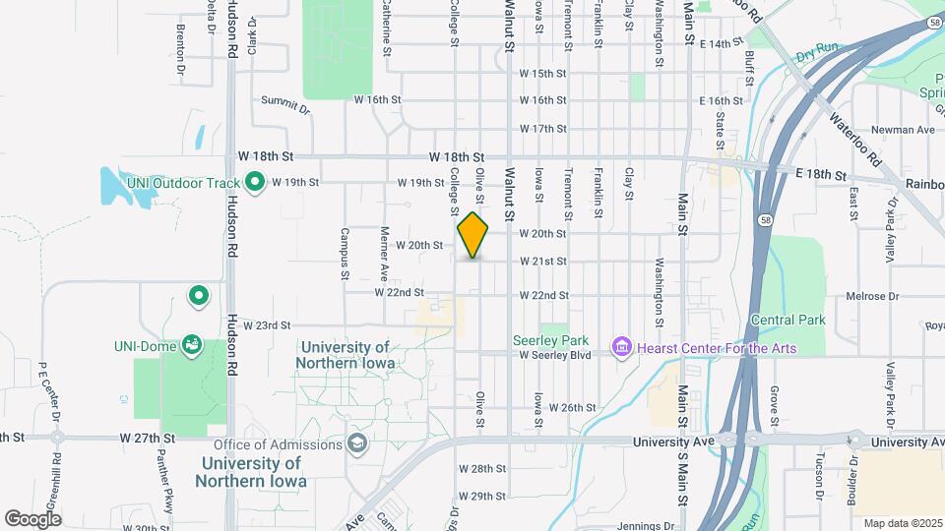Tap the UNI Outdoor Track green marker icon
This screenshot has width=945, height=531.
255,181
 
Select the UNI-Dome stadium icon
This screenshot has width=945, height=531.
192,345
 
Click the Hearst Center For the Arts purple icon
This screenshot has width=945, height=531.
621,347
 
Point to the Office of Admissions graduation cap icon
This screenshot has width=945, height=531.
355,445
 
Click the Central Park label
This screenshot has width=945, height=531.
787,320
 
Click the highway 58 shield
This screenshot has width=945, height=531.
765,220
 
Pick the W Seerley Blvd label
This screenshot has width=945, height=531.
555,355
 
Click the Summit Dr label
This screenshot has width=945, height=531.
285,99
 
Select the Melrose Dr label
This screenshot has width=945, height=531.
873,296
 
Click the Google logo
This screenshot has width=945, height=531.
32,518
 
